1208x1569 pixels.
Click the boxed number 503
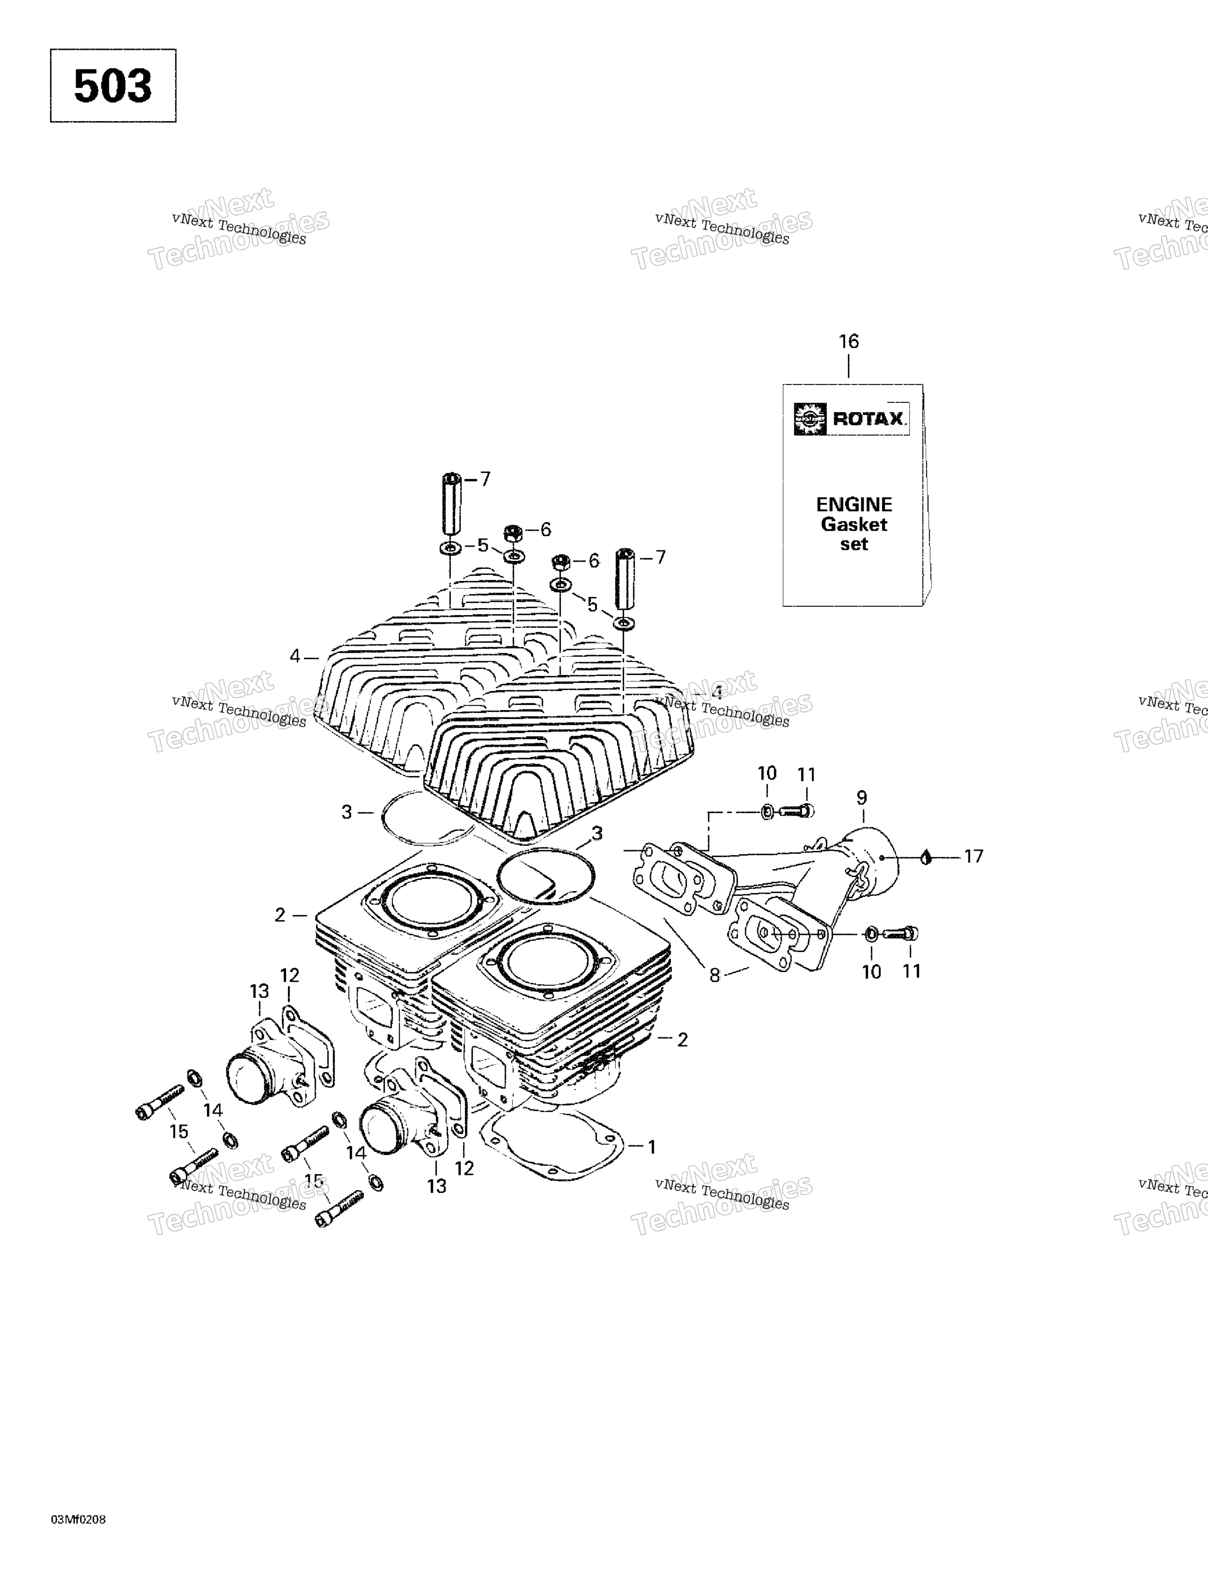click(113, 86)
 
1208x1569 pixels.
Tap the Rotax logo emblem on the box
click(810, 419)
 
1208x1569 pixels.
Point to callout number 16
click(849, 341)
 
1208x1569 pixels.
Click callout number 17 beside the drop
click(973, 856)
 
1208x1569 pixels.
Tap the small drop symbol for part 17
click(926, 857)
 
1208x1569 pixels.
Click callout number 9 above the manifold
click(862, 798)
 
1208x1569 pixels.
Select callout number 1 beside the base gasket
click(651, 1147)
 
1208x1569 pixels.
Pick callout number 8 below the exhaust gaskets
click(715, 975)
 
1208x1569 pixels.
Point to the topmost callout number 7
click(485, 479)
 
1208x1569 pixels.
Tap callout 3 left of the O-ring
click(347, 812)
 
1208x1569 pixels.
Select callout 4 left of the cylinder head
click(295, 656)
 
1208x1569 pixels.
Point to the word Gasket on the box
click(854, 524)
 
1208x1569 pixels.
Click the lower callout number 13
click(436, 1186)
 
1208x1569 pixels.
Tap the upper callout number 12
click(289, 975)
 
